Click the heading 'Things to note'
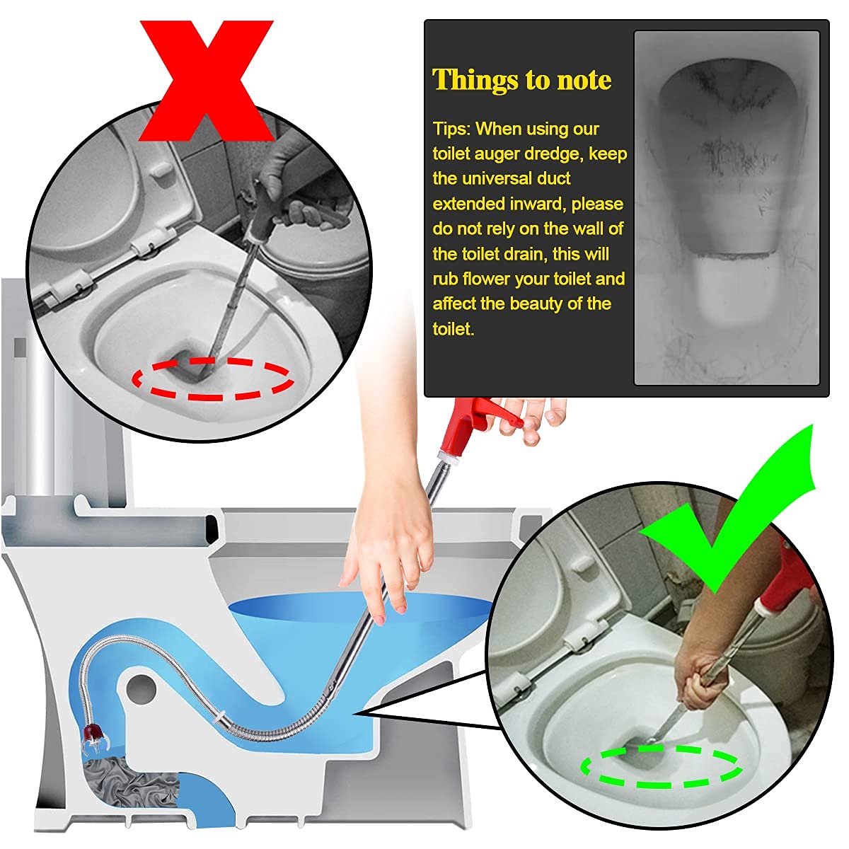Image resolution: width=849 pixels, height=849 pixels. [x=521, y=80]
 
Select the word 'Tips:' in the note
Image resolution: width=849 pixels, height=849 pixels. [x=451, y=129]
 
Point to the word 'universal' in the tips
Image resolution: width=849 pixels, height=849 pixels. [x=502, y=179]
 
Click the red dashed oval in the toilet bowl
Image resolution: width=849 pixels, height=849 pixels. [x=213, y=379]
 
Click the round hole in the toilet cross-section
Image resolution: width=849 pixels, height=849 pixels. [x=142, y=687]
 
